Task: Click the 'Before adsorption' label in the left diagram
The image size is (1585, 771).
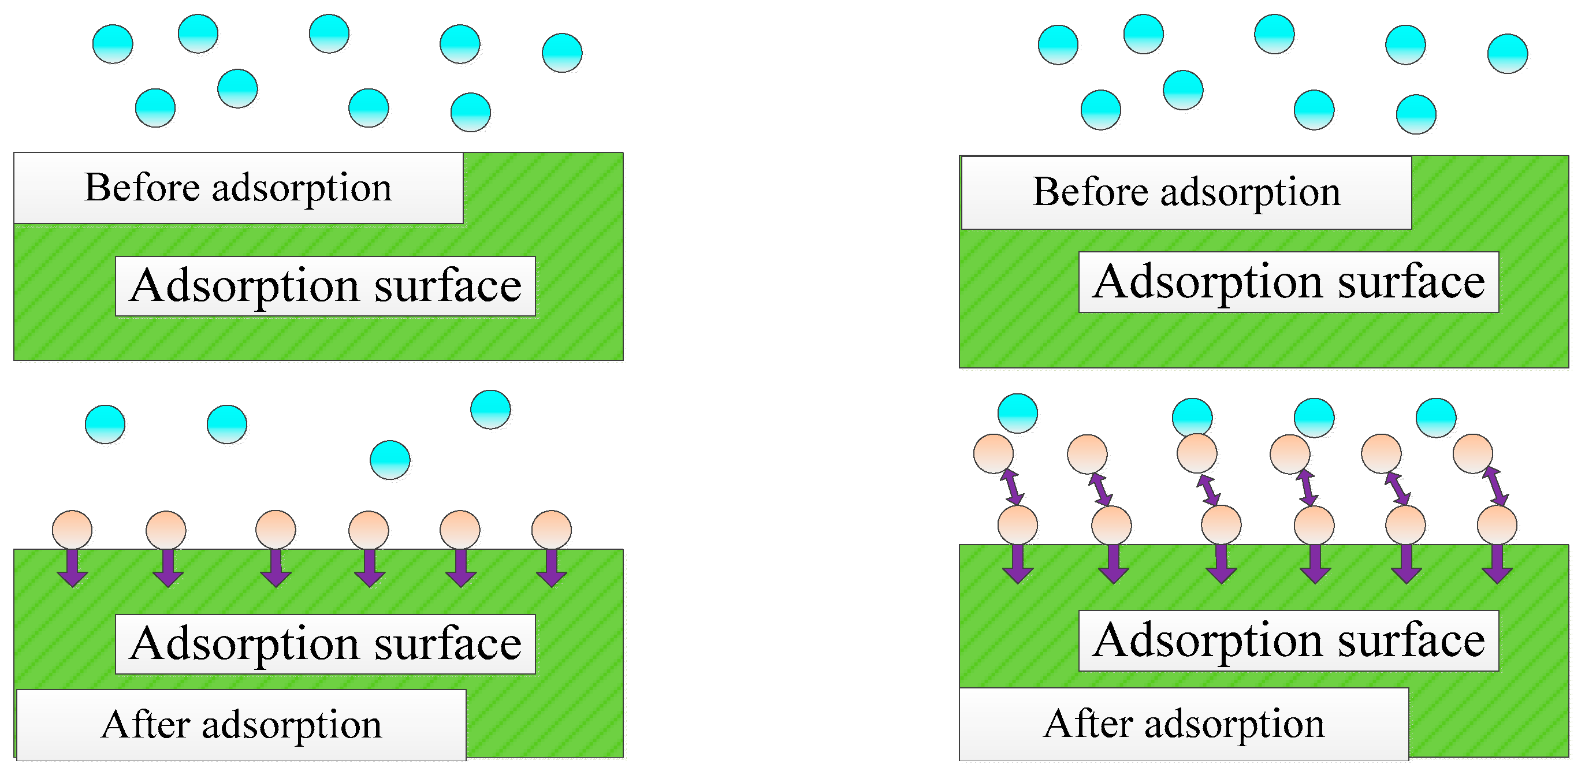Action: [x=238, y=188]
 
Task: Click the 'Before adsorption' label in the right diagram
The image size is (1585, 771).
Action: [x=1186, y=192]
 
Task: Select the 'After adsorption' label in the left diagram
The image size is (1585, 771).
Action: [x=241, y=724]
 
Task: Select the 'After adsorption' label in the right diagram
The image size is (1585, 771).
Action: [x=1184, y=724]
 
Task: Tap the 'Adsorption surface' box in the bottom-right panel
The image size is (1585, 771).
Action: [x=1289, y=640]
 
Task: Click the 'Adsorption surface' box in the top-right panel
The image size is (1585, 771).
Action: [x=1289, y=282]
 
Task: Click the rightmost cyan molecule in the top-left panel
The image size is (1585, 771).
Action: [x=562, y=53]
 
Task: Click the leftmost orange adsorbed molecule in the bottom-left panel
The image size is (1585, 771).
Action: [x=72, y=529]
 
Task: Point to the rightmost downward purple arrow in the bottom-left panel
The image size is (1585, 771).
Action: [x=551, y=567]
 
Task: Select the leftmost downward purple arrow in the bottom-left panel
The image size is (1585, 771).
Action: [x=73, y=567]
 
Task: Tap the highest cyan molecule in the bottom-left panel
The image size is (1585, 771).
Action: [x=490, y=409]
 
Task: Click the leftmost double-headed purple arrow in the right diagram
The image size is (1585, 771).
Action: [x=1011, y=487]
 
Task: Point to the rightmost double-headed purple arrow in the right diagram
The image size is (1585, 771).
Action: [x=1494, y=486]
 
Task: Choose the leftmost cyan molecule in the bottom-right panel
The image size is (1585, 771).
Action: [x=1017, y=413]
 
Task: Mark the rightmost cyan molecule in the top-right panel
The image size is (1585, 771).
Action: [x=1507, y=54]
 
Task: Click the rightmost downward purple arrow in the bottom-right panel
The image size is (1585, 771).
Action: [x=1497, y=564]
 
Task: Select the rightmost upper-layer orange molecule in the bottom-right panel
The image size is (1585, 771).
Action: [x=1472, y=453]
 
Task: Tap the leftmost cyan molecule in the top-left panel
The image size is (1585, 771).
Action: [x=113, y=44]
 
